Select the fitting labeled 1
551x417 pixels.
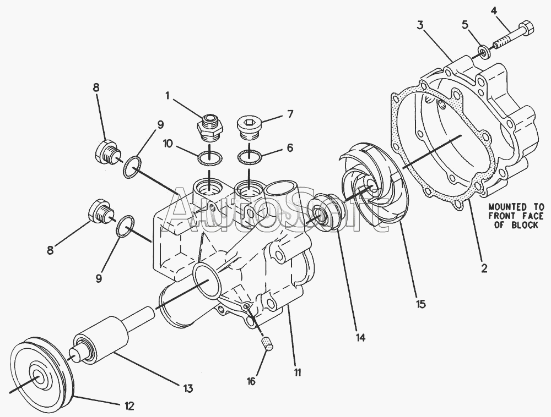point(210,128)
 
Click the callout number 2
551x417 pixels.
point(484,269)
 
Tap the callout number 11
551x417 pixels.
point(297,372)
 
